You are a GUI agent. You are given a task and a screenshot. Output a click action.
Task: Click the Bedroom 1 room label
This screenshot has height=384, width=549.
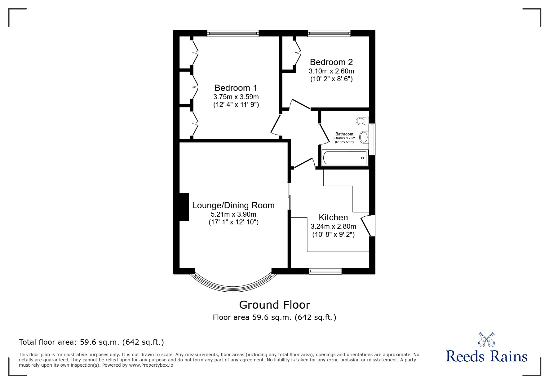pyautogui.click(x=236, y=88)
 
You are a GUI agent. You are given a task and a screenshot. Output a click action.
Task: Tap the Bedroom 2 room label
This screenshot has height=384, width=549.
pyautogui.click(x=331, y=62)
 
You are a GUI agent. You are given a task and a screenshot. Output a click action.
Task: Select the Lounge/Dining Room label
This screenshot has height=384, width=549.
pyautogui.click(x=233, y=205)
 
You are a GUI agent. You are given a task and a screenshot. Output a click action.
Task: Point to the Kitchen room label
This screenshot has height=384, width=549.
pyautogui.click(x=333, y=218)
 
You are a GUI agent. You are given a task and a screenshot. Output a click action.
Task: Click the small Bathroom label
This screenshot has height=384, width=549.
pyautogui.click(x=344, y=134)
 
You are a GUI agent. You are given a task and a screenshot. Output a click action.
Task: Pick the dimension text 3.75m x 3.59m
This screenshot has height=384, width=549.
pyautogui.click(x=236, y=97)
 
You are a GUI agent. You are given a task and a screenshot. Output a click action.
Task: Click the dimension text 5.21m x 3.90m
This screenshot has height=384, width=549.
pyautogui.click(x=233, y=214)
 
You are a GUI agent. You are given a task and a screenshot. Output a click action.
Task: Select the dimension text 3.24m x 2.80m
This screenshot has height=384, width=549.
pyautogui.click(x=333, y=227)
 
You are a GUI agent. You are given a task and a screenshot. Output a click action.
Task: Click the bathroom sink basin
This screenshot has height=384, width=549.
pyautogui.click(x=364, y=137)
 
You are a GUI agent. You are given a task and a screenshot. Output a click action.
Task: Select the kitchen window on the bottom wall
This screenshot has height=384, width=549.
pyautogui.click(x=325, y=271)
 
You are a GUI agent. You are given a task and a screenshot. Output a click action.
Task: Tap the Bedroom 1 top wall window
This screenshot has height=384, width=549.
pyautogui.click(x=233, y=33)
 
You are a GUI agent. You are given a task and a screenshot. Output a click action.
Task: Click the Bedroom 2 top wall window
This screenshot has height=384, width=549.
pyautogui.click(x=329, y=33)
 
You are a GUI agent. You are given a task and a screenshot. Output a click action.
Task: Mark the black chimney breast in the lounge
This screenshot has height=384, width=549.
pyautogui.click(x=184, y=207)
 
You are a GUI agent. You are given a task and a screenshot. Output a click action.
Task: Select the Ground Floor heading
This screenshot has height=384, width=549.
pyautogui.click(x=275, y=305)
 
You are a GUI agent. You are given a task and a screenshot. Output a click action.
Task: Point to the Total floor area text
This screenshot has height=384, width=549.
pyautogui.click(x=91, y=342)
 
